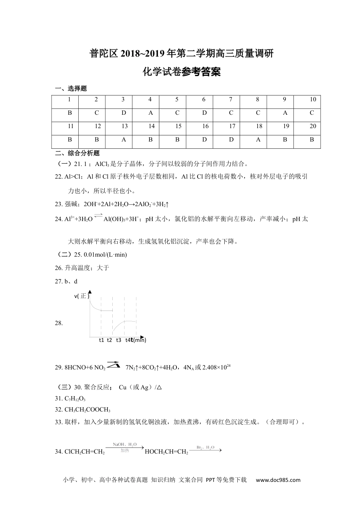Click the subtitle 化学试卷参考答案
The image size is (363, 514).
[x=181, y=72]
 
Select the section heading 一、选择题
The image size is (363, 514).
[x=71, y=88]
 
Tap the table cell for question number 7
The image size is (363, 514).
[x=230, y=100]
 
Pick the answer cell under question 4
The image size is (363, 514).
[x=150, y=113]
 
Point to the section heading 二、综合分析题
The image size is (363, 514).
[x=77, y=153]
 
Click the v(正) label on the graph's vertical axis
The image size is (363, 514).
[x=82, y=296]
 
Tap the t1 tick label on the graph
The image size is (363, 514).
[x=101, y=340]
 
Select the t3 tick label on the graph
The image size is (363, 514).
[x=118, y=340]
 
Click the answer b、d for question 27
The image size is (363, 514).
[x=71, y=281]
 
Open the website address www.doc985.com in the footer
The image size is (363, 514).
[x=278, y=480]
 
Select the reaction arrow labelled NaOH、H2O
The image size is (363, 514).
[x=125, y=447]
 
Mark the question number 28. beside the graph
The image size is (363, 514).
[x=59, y=323]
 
